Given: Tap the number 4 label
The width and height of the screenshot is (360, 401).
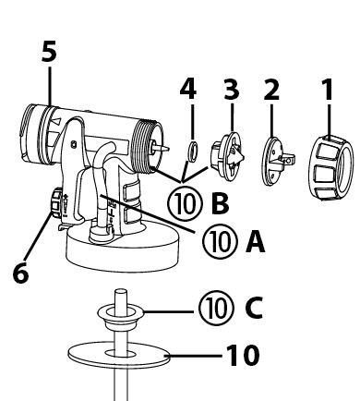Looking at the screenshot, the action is (188, 90).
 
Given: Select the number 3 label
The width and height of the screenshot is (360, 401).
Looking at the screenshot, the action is (232, 90).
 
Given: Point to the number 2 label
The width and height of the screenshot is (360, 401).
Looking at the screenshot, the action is (271, 90).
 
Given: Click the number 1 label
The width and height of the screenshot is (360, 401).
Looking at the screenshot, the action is (328, 90).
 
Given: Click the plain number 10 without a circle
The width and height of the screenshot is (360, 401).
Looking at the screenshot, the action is (243, 356).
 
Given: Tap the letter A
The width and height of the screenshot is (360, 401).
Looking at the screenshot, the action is (255, 242).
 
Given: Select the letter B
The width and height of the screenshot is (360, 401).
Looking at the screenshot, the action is (221, 203).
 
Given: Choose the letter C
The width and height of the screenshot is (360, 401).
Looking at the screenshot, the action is (254, 309).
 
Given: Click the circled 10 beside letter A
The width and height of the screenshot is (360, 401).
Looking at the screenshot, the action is (221, 241).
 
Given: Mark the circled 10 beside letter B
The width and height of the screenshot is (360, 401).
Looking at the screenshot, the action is (186, 203).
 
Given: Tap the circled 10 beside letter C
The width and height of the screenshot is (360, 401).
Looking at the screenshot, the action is (217, 309).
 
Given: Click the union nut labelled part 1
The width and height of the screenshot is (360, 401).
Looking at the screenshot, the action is (330, 167).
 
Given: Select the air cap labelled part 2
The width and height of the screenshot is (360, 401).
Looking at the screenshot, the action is (276, 162).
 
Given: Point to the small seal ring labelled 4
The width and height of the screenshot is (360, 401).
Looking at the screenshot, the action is (193, 152).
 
